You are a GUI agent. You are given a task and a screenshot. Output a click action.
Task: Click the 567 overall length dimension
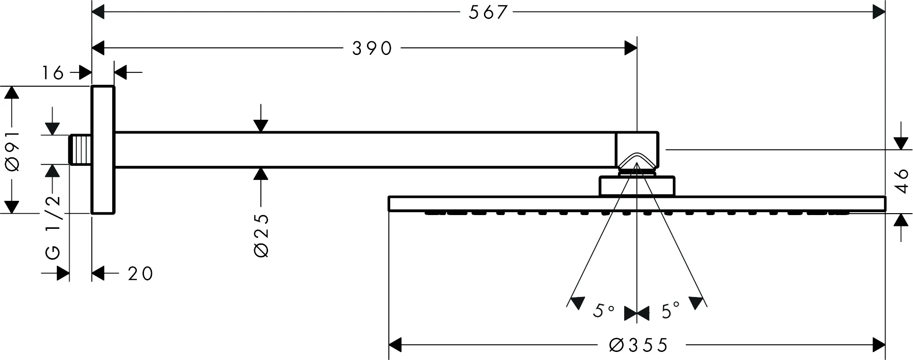point(488,12)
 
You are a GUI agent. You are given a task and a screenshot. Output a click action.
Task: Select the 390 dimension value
point(373,48)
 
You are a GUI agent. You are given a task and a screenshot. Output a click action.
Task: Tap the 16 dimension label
point(53,73)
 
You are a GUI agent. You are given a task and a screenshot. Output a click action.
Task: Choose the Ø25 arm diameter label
point(261,235)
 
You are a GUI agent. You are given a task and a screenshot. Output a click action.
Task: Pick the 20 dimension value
point(141,274)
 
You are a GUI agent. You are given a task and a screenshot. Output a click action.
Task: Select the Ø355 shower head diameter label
point(639,345)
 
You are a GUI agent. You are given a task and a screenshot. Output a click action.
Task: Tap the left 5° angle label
point(603,311)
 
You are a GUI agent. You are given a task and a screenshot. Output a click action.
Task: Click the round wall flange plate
point(103,150)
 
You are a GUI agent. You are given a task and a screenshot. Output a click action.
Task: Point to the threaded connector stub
point(80,150)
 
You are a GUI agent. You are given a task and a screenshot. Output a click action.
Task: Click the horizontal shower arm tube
point(365,150)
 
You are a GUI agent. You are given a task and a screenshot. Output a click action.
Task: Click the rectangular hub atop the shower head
point(637,186)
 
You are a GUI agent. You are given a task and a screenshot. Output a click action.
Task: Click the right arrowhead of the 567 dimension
point(879,12)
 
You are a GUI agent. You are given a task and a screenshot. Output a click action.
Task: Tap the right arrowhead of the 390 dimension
point(631,48)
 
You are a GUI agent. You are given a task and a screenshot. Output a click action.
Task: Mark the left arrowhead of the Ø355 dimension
point(395,345)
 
